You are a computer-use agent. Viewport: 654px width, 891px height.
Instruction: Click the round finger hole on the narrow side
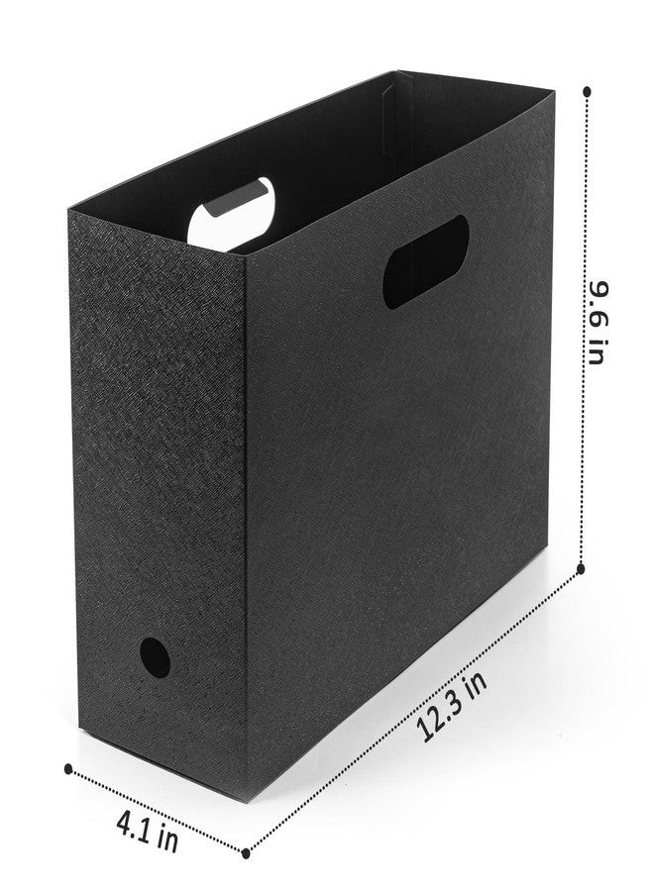point(155,657)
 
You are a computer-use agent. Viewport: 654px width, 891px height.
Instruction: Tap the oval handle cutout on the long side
point(425,262)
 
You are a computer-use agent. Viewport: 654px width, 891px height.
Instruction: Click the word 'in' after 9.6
point(595,352)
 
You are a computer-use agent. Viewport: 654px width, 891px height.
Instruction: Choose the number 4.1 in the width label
point(136,825)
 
